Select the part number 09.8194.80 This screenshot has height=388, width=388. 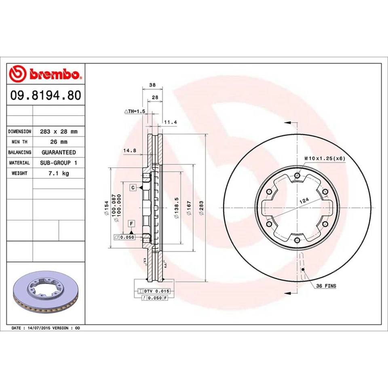click(45, 95)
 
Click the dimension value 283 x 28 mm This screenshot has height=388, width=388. click(59, 132)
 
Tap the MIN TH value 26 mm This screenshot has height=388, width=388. click(59, 142)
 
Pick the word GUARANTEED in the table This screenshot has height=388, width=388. click(59, 152)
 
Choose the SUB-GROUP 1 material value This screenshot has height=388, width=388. click(59, 162)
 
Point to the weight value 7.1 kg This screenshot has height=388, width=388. click(59, 173)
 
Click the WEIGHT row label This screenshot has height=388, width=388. click(19, 173)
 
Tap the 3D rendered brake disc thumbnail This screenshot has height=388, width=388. click(45, 295)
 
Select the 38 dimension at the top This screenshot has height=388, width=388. click(152, 85)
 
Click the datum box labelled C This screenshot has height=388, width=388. click(132, 188)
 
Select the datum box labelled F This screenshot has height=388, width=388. click(132, 224)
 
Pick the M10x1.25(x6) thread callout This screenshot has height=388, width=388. click(325, 158)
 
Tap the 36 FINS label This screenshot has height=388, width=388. click(326, 286)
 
